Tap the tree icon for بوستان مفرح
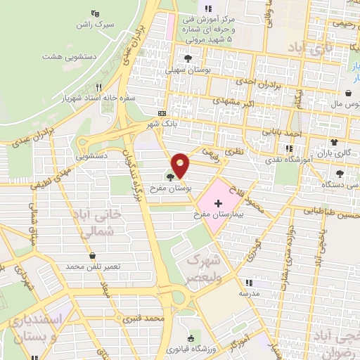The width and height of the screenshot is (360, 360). [171, 177]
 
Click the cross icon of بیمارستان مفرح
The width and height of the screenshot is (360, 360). [226, 202]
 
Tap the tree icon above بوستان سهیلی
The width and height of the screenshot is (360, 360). [188, 59]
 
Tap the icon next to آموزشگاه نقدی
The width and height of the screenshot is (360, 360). [289, 148]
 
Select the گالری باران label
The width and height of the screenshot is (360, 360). [333, 153]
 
